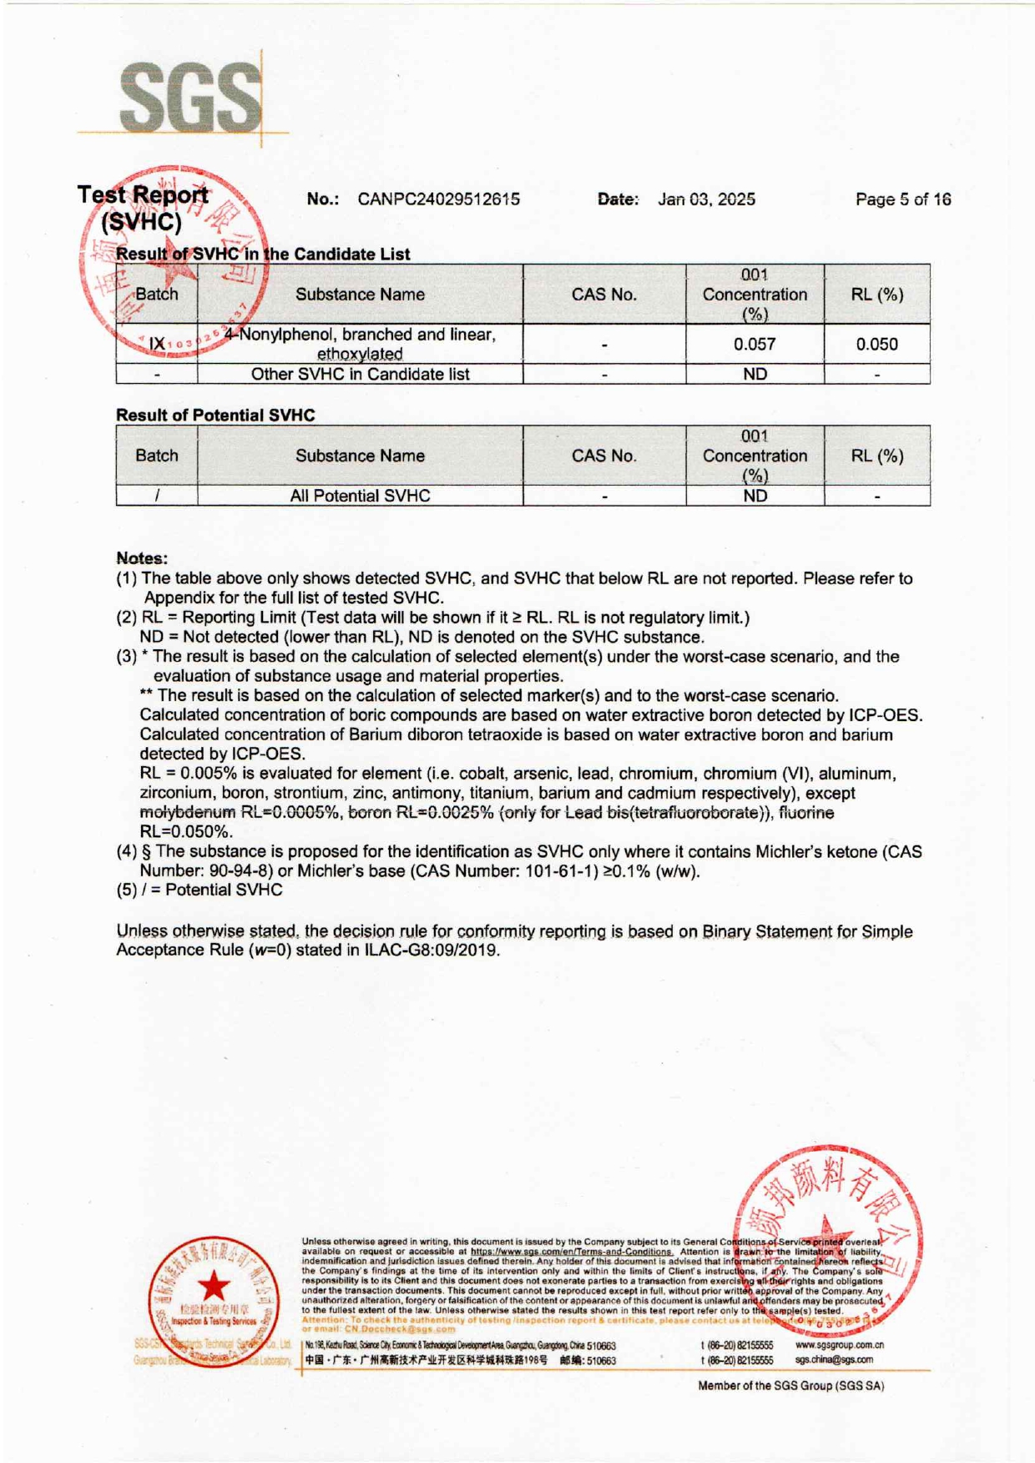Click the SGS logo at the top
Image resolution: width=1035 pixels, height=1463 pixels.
click(x=190, y=98)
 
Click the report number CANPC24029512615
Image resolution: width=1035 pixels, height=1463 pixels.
click(x=438, y=199)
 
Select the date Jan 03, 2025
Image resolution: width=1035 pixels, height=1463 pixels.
click(x=706, y=199)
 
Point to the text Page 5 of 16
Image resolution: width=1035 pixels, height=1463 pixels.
click(x=903, y=199)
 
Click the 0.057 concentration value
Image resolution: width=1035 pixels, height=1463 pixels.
click(x=755, y=344)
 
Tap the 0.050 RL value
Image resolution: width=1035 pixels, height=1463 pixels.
click(x=876, y=344)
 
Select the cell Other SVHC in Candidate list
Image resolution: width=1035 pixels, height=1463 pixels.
click(x=360, y=375)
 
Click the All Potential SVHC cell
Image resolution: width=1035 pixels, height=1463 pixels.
click(x=360, y=496)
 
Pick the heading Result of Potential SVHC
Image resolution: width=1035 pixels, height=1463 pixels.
click(x=215, y=415)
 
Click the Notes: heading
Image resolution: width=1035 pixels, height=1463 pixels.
click(x=142, y=558)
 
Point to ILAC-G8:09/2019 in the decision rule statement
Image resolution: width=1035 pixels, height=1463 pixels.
click(x=432, y=951)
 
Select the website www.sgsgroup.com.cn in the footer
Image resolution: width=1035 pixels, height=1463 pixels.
click(x=839, y=1345)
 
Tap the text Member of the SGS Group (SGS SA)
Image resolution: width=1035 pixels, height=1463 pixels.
click(x=790, y=1385)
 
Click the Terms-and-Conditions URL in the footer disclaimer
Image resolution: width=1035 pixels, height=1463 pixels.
click(x=571, y=1252)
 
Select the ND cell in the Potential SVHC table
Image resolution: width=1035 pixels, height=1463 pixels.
click(x=755, y=496)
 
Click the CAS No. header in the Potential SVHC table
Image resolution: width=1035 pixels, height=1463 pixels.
click(x=603, y=456)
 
